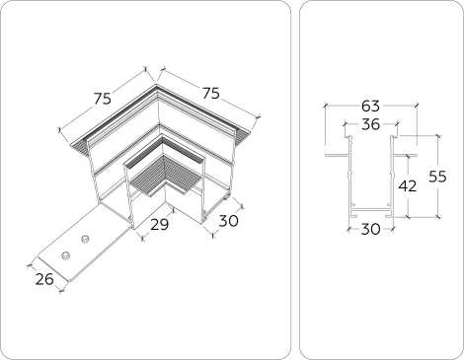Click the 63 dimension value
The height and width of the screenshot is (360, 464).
tap(370, 106)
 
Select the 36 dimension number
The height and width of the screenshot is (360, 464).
tap(370, 124)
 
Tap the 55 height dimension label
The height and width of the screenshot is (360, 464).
tap(437, 177)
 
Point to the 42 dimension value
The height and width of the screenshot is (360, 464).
tap(408, 186)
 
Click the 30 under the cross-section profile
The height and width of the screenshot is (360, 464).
tap(370, 229)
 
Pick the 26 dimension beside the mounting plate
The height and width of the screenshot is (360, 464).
tap(44, 279)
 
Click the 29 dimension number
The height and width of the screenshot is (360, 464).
tap(159, 225)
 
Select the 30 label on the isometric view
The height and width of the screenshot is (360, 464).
tap(228, 221)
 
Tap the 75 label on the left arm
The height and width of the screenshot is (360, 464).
tap(103, 99)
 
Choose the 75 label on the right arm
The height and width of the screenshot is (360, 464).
tap(210, 94)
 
